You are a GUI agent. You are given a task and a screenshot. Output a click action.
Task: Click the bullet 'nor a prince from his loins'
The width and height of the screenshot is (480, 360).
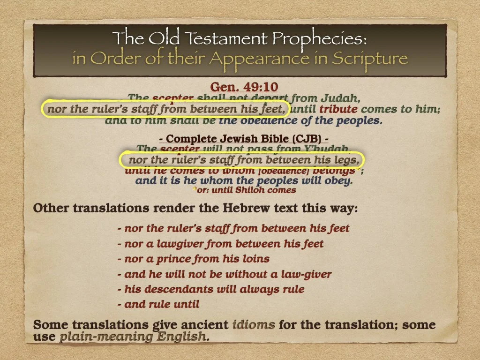pyautogui.click(x=194, y=259)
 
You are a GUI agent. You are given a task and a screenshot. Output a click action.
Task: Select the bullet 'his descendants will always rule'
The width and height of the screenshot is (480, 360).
pyautogui.click(x=211, y=289)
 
